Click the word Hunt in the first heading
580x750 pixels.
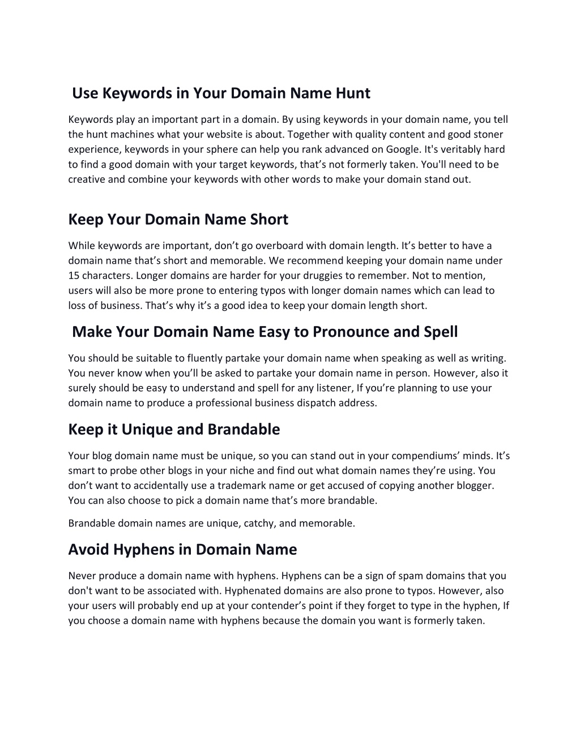tap(353, 93)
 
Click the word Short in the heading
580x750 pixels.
tap(269, 220)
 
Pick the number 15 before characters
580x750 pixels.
tap(74, 276)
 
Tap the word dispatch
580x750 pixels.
tap(317, 403)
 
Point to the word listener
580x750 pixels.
tap(334, 388)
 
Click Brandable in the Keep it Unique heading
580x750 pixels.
tap(244, 430)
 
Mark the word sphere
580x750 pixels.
tap(225, 149)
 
